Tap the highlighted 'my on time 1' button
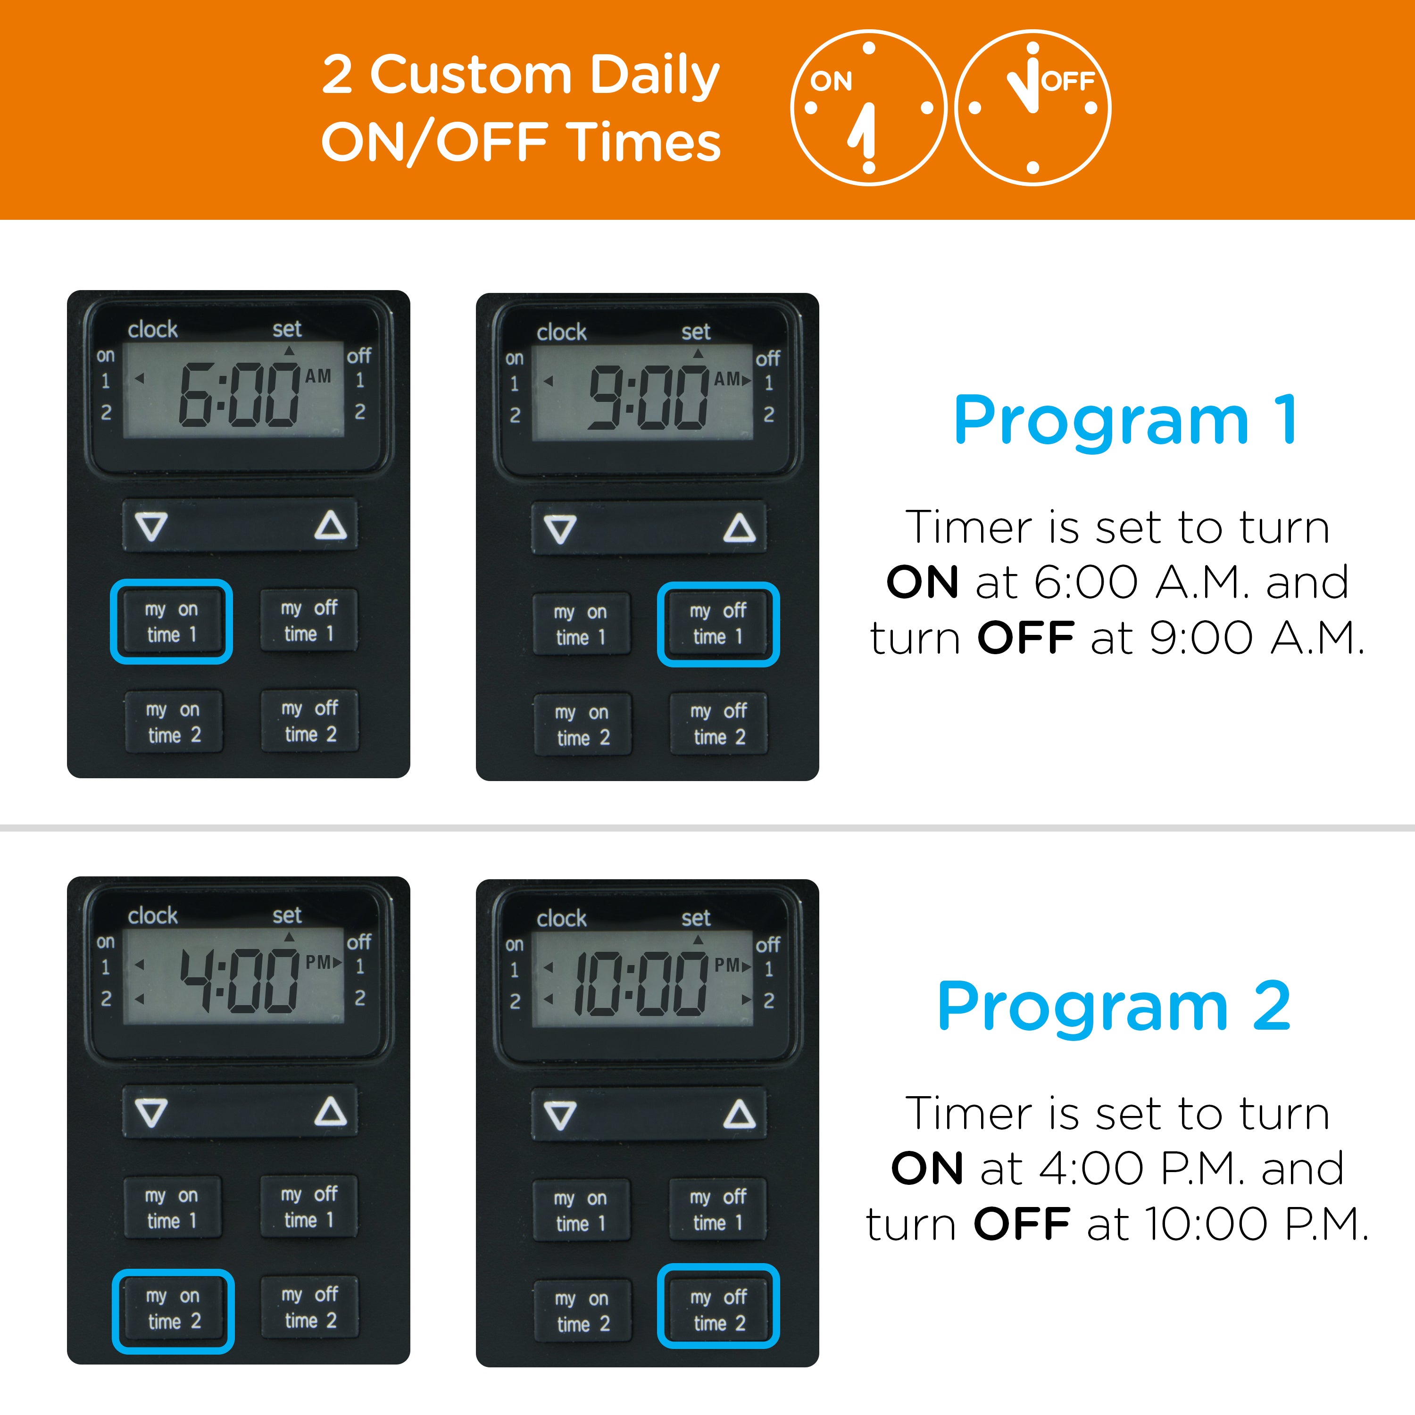coord(171,622)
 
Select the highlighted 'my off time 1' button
coord(718,624)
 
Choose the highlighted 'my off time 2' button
coord(718,1309)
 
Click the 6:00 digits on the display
coord(239,396)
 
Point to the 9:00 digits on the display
coord(648,398)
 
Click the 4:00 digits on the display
coord(239,982)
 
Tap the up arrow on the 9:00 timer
coord(739,528)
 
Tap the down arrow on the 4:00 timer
coord(151,1113)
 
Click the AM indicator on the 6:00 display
coord(318,376)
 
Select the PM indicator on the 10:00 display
coord(727,966)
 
